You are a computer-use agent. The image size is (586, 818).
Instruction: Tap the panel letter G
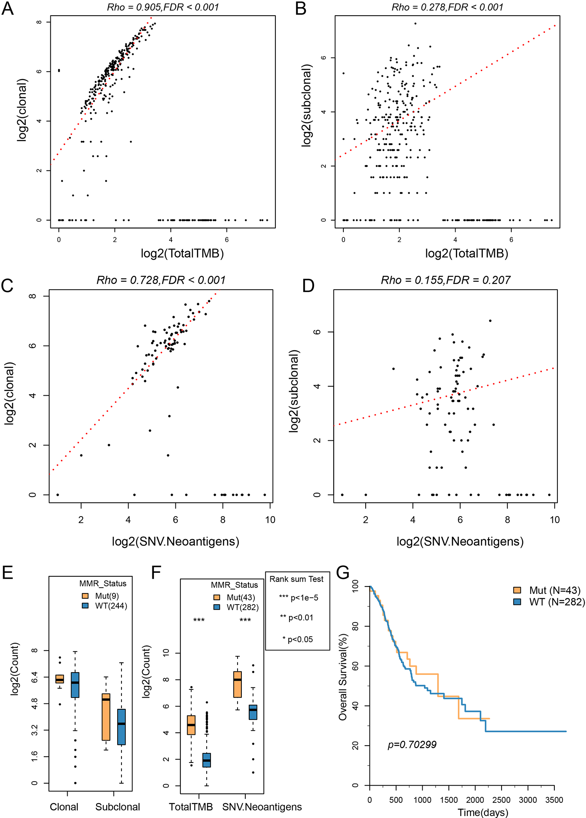(343, 572)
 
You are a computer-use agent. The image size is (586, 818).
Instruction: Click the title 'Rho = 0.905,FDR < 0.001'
(163, 7)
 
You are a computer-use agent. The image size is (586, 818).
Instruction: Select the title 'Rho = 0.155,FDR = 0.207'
(446, 280)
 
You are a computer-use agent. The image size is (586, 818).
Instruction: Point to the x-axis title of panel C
(175, 542)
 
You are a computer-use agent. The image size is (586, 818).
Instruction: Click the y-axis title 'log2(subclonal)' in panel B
(307, 106)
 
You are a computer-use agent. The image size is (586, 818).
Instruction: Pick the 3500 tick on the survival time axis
(554, 800)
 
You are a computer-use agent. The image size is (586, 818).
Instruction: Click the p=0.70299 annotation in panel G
(412, 744)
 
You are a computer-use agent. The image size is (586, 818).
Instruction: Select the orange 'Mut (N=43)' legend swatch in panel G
(517, 590)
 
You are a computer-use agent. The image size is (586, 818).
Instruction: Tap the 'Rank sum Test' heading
(297, 579)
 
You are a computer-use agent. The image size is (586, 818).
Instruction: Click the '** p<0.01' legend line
(297, 617)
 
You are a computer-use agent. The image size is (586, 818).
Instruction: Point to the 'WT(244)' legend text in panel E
(111, 606)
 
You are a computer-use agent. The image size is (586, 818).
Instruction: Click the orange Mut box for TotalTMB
(191, 725)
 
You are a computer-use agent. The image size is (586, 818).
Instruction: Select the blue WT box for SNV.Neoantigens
(253, 712)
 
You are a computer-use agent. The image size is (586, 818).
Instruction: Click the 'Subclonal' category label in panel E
(118, 807)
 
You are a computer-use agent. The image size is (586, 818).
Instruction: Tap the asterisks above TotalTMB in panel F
(199, 620)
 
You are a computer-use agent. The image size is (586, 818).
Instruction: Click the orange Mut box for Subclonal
(106, 717)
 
